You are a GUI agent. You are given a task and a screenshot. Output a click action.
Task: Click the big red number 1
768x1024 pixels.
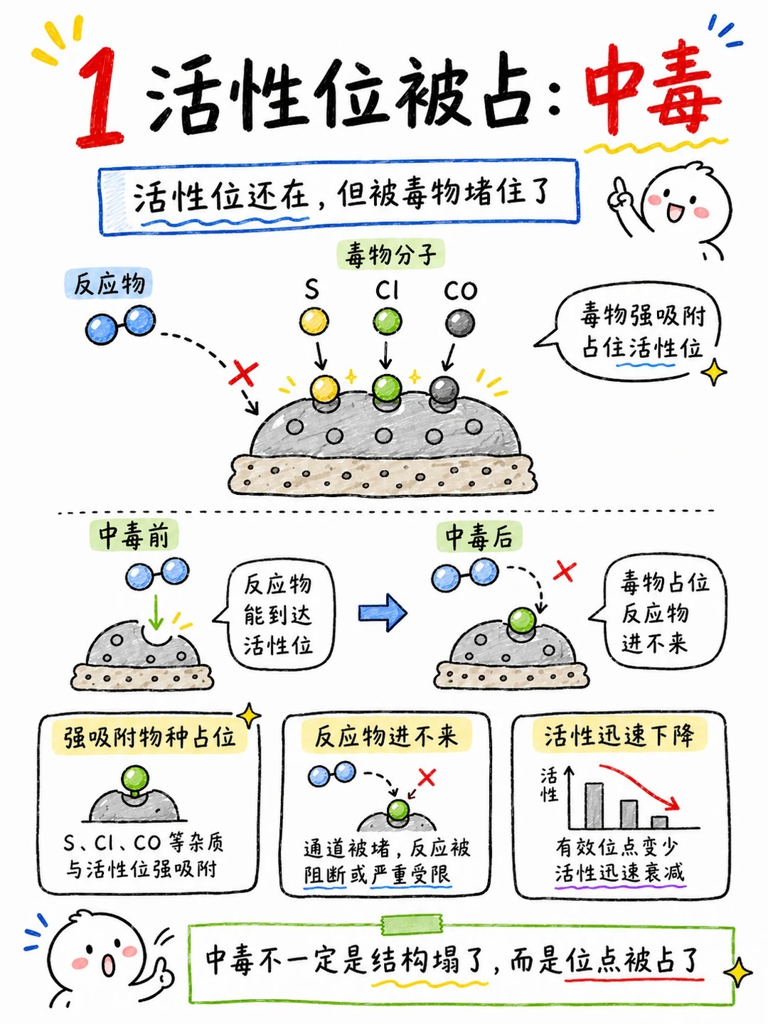101,98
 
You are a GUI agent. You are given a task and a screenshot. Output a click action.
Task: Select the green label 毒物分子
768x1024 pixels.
391,255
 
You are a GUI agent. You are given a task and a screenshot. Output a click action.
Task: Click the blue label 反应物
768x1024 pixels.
109,284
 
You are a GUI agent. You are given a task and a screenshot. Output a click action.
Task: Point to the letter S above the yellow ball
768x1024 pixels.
312,289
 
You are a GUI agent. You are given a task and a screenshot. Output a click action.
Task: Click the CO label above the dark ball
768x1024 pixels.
460,290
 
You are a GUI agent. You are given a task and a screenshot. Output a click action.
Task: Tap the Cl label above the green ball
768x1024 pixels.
387,289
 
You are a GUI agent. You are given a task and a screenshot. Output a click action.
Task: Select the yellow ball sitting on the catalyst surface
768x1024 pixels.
324,389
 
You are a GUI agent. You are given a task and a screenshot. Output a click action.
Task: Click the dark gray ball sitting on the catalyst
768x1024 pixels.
444,390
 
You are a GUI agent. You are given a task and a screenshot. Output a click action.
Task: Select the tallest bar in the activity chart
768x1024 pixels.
594,806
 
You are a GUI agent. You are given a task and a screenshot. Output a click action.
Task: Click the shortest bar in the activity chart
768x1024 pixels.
659,822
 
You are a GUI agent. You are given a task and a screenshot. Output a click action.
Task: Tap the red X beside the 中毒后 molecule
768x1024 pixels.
564,571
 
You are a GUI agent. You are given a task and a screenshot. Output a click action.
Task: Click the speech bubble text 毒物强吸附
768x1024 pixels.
643,316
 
